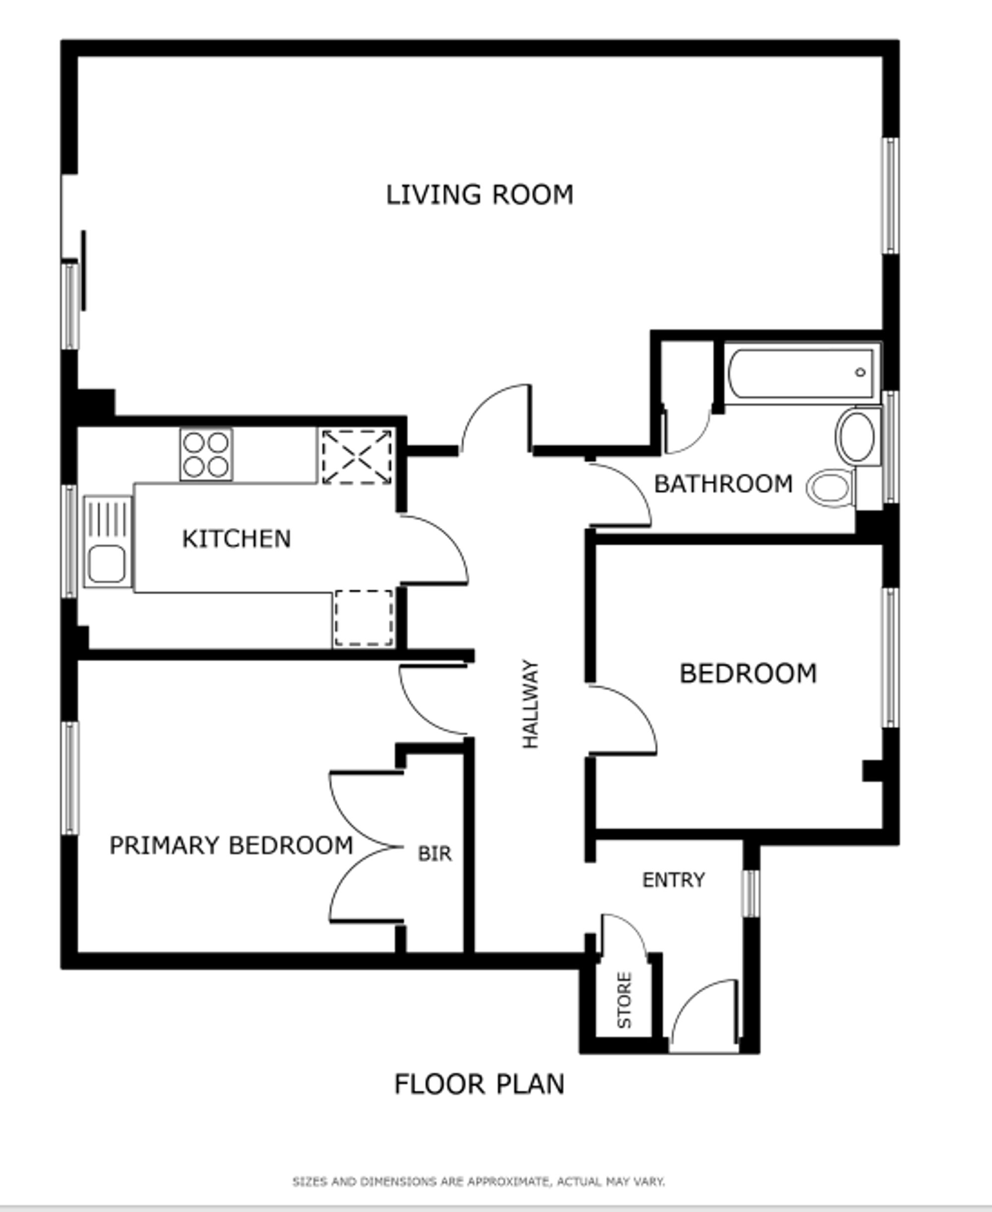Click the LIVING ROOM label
pos(480,195)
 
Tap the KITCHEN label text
pos(236,539)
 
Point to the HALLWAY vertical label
pos(530,704)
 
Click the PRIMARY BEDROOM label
pos(231,845)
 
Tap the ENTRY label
pos(673,880)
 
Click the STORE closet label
pos(624,1000)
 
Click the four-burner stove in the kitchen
pos(206,454)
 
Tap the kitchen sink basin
pos(107,564)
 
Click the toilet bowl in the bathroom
pos(831,488)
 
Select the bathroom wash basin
pos(856,436)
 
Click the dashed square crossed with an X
pos(357,457)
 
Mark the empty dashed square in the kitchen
pos(364,618)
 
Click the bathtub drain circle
pos(860,372)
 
